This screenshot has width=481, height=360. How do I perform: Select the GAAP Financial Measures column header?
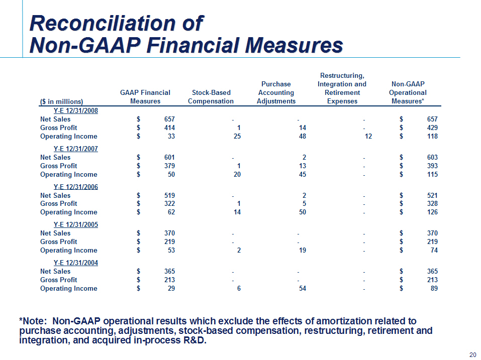pos(145,97)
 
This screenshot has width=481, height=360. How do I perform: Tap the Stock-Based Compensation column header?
pos(211,97)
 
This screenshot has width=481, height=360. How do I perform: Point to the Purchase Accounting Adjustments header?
pos(276,92)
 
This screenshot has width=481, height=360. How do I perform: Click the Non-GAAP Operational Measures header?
pos(408,92)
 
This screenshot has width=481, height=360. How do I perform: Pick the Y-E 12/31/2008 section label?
pos(76,110)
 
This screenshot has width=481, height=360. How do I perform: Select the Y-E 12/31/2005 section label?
pos(76,224)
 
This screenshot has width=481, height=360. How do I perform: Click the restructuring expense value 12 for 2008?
pos(368,137)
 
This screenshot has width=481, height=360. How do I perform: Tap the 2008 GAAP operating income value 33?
pos(171,137)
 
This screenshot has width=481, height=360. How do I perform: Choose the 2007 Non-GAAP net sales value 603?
pos(432,158)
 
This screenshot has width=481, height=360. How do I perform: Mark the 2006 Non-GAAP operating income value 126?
pos(432,212)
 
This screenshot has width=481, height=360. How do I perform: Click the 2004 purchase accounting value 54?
pos(303,288)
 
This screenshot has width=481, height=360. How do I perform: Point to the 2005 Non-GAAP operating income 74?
pos(434,251)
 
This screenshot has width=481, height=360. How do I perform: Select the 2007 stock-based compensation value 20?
pos(237,174)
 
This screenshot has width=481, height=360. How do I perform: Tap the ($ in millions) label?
pos(62,101)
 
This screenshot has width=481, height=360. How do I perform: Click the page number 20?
pos(473,354)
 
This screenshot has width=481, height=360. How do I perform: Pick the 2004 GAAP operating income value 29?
pos(171,288)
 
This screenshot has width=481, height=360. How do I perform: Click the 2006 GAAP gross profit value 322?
pos(170,203)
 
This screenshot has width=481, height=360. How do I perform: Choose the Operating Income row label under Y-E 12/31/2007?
pos(69,174)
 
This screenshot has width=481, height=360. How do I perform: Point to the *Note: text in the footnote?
pos(33,321)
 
